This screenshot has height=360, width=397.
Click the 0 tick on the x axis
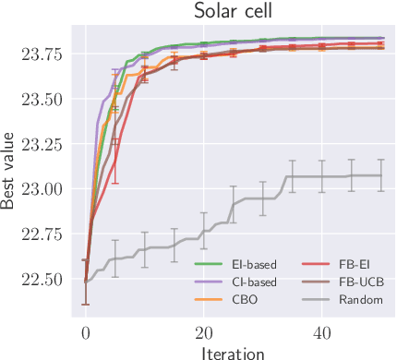click(86, 331)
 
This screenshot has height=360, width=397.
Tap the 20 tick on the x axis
click(203, 331)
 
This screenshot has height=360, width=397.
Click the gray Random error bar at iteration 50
click(380, 174)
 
